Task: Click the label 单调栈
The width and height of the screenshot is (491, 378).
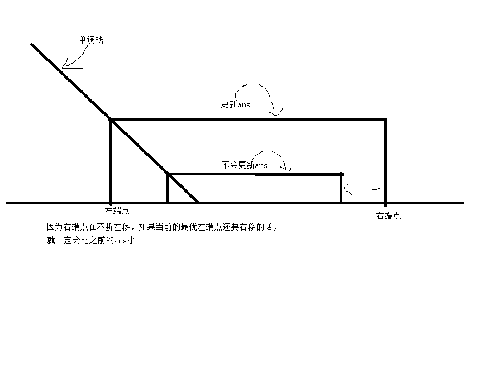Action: (x=90, y=40)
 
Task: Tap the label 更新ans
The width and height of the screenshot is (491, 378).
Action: (x=235, y=104)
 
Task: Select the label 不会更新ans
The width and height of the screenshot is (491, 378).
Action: (x=244, y=165)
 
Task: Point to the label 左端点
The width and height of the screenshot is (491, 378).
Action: (x=117, y=211)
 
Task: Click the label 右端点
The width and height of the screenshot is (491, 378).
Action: (x=388, y=216)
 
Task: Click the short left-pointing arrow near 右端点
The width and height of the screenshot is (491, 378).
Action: (x=362, y=191)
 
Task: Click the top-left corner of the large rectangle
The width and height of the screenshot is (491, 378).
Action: (x=111, y=119)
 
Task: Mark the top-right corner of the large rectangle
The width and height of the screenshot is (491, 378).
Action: (x=385, y=119)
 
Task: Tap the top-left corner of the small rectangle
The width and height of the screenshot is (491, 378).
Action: (x=168, y=174)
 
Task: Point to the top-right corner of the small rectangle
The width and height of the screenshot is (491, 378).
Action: (x=341, y=174)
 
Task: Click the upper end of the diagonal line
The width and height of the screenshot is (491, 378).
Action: (x=32, y=44)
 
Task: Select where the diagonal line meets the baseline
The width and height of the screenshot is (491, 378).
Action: (x=198, y=202)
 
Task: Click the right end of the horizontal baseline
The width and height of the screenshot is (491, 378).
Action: (x=463, y=203)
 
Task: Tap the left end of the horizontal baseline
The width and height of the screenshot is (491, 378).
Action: (x=7, y=203)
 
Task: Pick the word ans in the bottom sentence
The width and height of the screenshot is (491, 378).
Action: (x=121, y=241)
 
